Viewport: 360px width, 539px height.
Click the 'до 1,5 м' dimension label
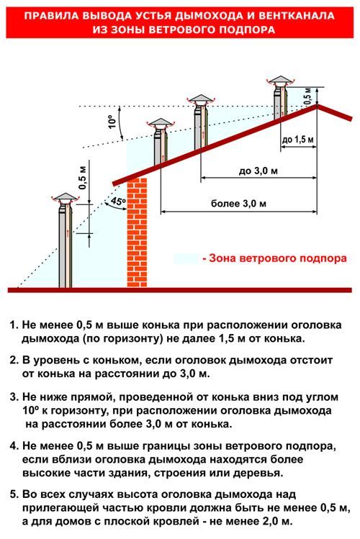298,140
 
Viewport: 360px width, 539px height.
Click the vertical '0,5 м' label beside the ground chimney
83,176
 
